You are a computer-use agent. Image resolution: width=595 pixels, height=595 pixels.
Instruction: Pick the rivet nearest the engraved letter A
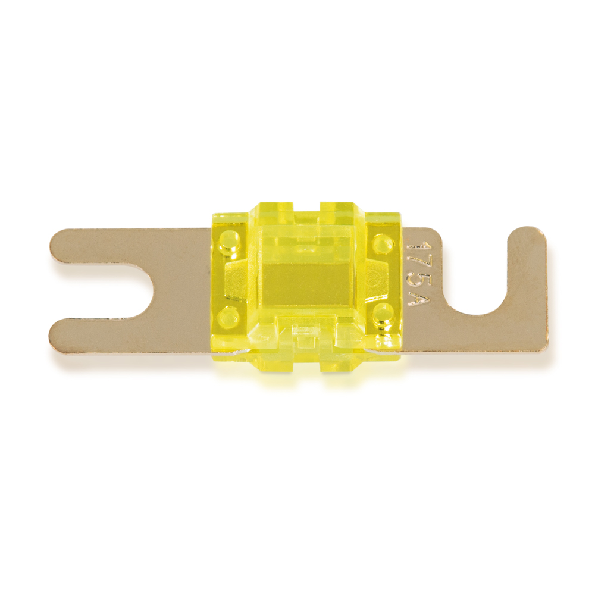tap(383, 311)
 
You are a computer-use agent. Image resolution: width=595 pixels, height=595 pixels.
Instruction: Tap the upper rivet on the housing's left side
tap(228, 240)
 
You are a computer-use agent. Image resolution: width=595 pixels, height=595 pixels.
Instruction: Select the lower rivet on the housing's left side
tap(228, 315)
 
